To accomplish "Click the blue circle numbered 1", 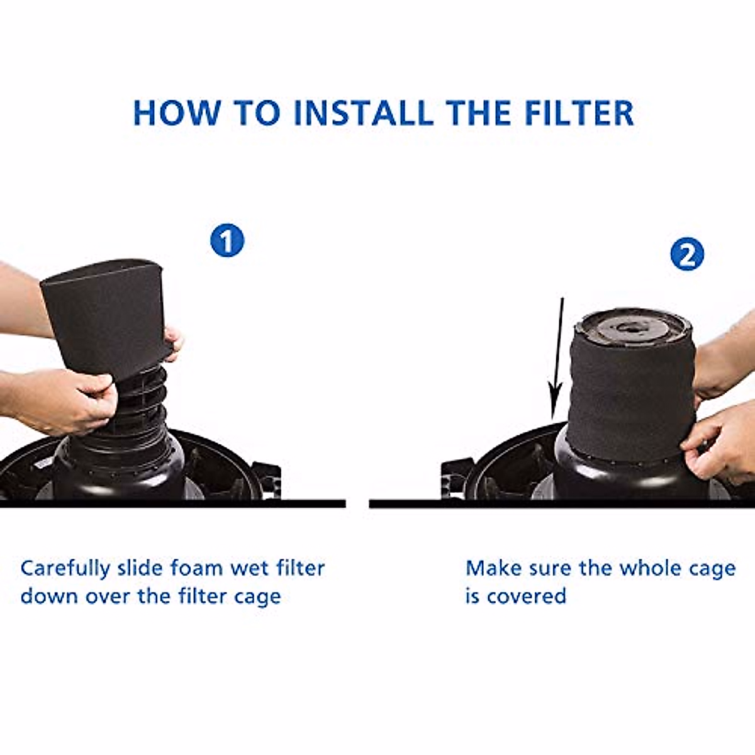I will click(x=227, y=241).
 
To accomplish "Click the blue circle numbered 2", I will click(x=686, y=255).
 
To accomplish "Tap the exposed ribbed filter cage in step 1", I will click(x=142, y=403).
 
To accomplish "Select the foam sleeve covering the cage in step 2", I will click(x=629, y=396).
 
